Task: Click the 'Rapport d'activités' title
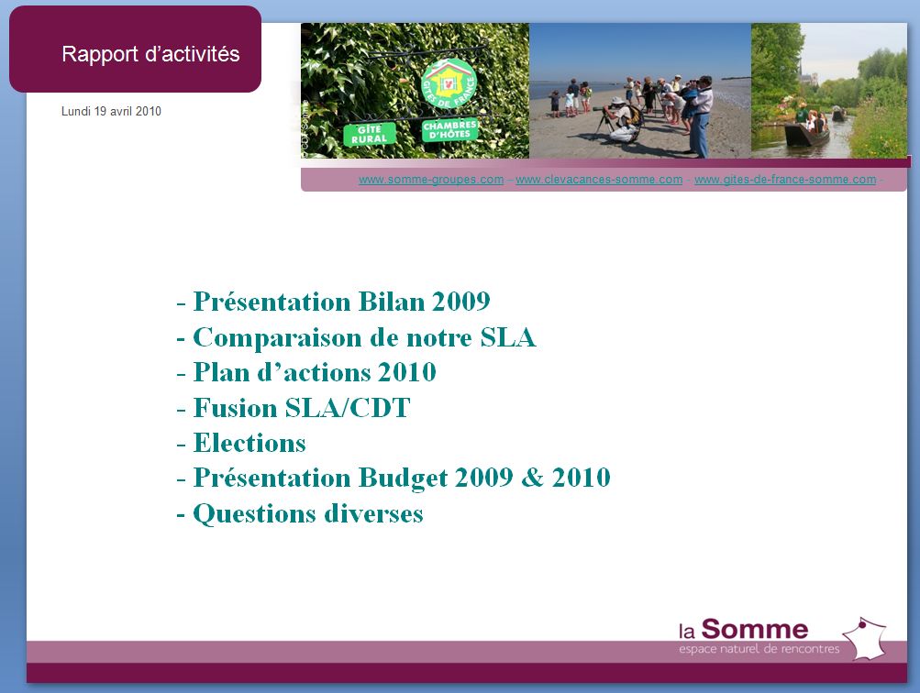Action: tap(150, 54)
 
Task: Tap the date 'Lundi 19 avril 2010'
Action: tap(111, 112)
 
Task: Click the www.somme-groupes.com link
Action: tap(431, 180)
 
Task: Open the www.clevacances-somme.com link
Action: tap(599, 180)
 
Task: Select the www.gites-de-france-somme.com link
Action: tap(785, 180)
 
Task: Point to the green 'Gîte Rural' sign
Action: tap(369, 134)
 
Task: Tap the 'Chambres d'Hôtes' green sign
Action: tap(450, 130)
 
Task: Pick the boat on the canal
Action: tap(807, 134)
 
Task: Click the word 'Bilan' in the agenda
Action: tap(392, 302)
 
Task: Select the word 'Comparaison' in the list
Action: tap(277, 338)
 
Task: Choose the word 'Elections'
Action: tap(249, 443)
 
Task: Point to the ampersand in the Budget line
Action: tap(532, 478)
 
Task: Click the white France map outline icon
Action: tap(864, 638)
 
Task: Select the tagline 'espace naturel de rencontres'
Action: tap(759, 649)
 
